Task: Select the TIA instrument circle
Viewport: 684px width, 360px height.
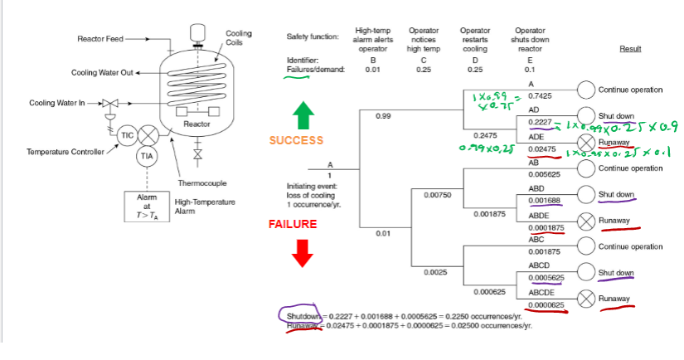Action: [147, 156]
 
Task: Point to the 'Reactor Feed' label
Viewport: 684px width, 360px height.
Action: [99, 38]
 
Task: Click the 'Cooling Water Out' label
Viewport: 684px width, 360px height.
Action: [102, 73]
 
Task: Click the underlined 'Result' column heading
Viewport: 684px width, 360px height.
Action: [630, 49]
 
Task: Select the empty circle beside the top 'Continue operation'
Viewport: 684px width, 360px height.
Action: [586, 90]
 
